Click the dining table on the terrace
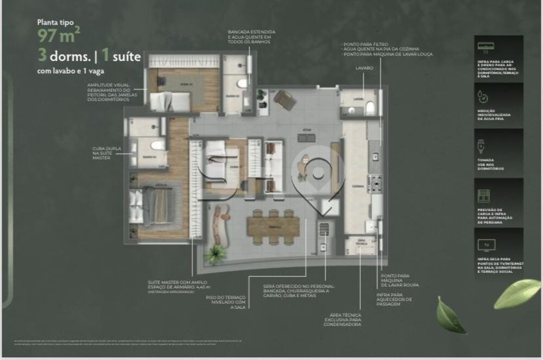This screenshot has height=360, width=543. pos(274,225)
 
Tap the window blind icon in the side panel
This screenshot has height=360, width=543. pos(482,196)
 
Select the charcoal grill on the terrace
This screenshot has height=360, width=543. pos(325,230)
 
